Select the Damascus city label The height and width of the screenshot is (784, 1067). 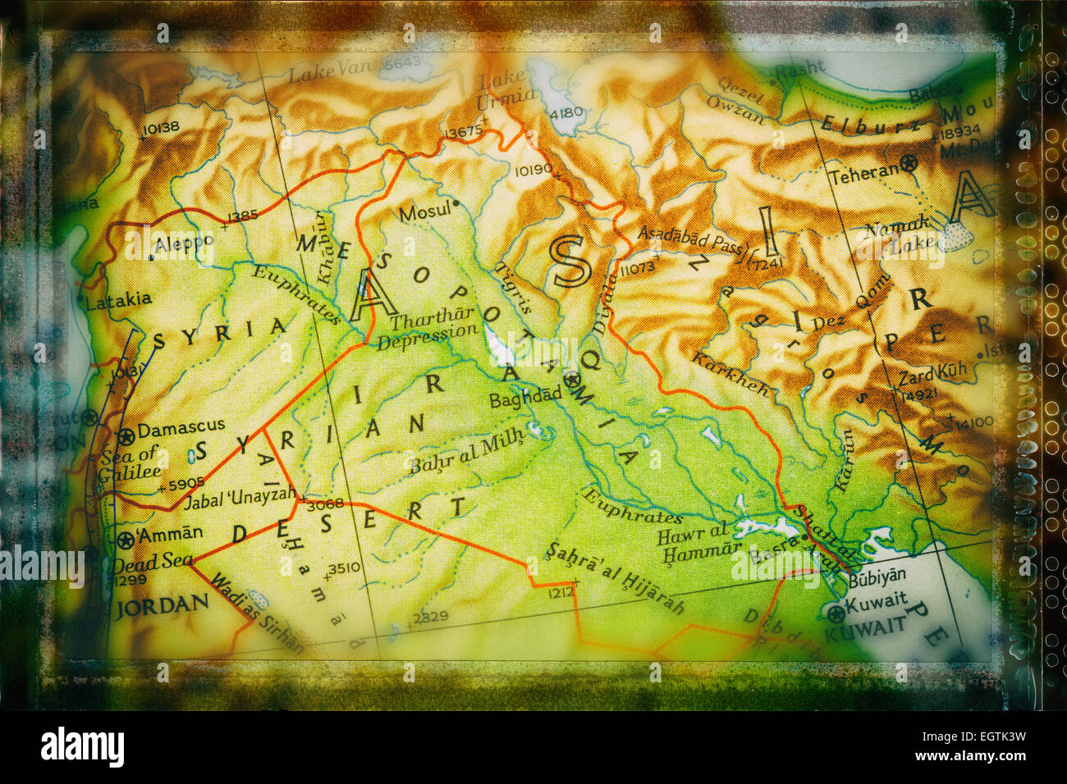181,428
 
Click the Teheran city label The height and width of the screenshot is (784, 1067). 864,173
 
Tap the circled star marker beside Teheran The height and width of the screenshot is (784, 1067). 909,163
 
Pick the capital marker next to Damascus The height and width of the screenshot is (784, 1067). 126,435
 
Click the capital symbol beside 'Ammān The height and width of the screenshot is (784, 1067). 126,540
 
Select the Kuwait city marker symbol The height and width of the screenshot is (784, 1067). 835,612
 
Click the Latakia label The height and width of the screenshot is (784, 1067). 118,300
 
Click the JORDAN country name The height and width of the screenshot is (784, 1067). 163,606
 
